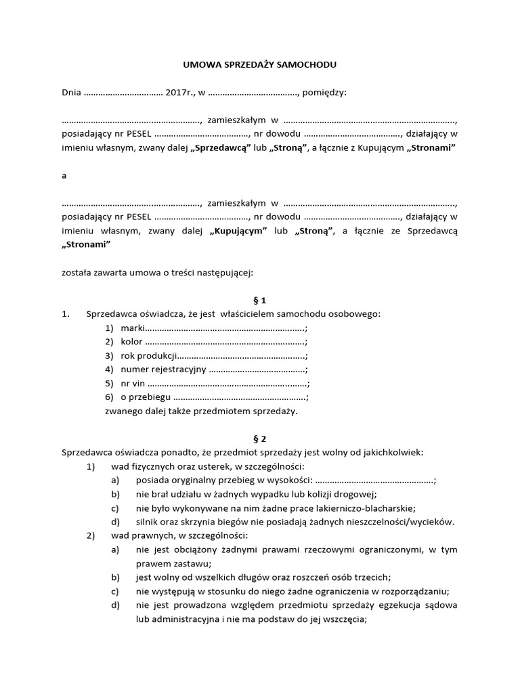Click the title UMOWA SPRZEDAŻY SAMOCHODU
pyautogui.click(x=260, y=65)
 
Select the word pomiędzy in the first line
pyautogui.click(x=324, y=93)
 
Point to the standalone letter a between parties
pyautogui.click(x=64, y=175)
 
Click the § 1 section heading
pyautogui.click(x=260, y=300)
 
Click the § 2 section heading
pyautogui.click(x=260, y=438)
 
